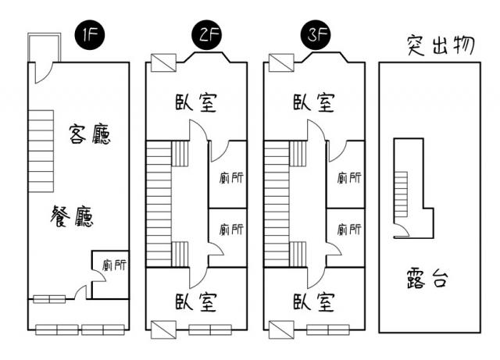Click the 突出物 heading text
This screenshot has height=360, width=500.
pos(441,46)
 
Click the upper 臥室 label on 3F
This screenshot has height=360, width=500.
pos(314,102)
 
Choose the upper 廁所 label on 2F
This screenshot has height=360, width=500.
pos(230,177)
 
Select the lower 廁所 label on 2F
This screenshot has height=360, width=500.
pos(230,230)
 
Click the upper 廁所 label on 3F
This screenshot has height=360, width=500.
pos(348,177)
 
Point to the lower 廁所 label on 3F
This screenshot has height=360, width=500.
pos(348,230)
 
